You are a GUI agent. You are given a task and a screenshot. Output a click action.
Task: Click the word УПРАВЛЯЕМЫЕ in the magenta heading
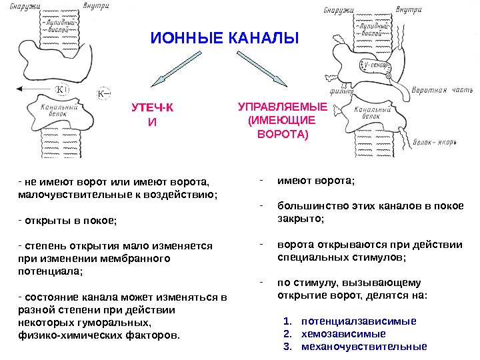click(283, 107)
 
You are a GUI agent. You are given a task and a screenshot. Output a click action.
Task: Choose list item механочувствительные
click(364, 347)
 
